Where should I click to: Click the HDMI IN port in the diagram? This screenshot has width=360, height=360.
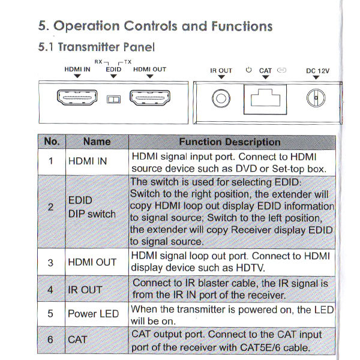(x=77, y=97)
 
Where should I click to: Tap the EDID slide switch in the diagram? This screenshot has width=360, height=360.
(x=113, y=99)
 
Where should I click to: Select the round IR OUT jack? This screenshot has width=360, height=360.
(x=221, y=98)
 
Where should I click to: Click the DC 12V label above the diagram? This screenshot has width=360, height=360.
(x=317, y=71)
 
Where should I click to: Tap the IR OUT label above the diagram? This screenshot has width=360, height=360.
(x=221, y=71)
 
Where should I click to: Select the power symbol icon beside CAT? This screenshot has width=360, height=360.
(x=249, y=70)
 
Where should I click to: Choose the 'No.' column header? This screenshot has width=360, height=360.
(x=52, y=142)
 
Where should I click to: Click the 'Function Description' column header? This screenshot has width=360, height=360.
(x=230, y=142)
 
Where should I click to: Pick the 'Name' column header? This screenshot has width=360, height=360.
(x=97, y=142)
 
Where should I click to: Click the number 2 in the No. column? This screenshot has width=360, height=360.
(x=51, y=208)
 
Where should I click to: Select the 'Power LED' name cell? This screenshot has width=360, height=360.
(x=93, y=314)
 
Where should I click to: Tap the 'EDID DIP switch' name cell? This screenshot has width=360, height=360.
(x=91, y=208)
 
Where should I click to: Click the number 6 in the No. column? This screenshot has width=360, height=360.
(x=51, y=340)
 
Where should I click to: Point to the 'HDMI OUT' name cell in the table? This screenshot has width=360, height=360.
(x=92, y=263)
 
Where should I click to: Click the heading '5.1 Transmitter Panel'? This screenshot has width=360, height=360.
(x=96, y=47)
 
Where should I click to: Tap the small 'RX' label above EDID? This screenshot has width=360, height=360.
(x=98, y=61)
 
